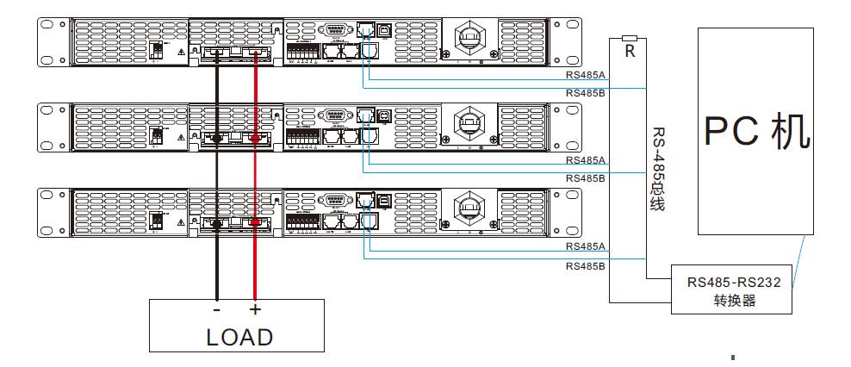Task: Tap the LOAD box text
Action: (x=239, y=337)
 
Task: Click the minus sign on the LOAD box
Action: (x=216, y=309)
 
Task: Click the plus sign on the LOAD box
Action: (x=255, y=309)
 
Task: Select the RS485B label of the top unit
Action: (x=586, y=92)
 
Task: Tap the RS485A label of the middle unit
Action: (x=586, y=161)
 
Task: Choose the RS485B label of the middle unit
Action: (x=586, y=177)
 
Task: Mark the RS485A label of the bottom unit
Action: (x=586, y=246)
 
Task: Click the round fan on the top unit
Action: (x=471, y=39)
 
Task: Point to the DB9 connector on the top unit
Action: (x=335, y=30)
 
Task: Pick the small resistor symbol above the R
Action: (x=630, y=38)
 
